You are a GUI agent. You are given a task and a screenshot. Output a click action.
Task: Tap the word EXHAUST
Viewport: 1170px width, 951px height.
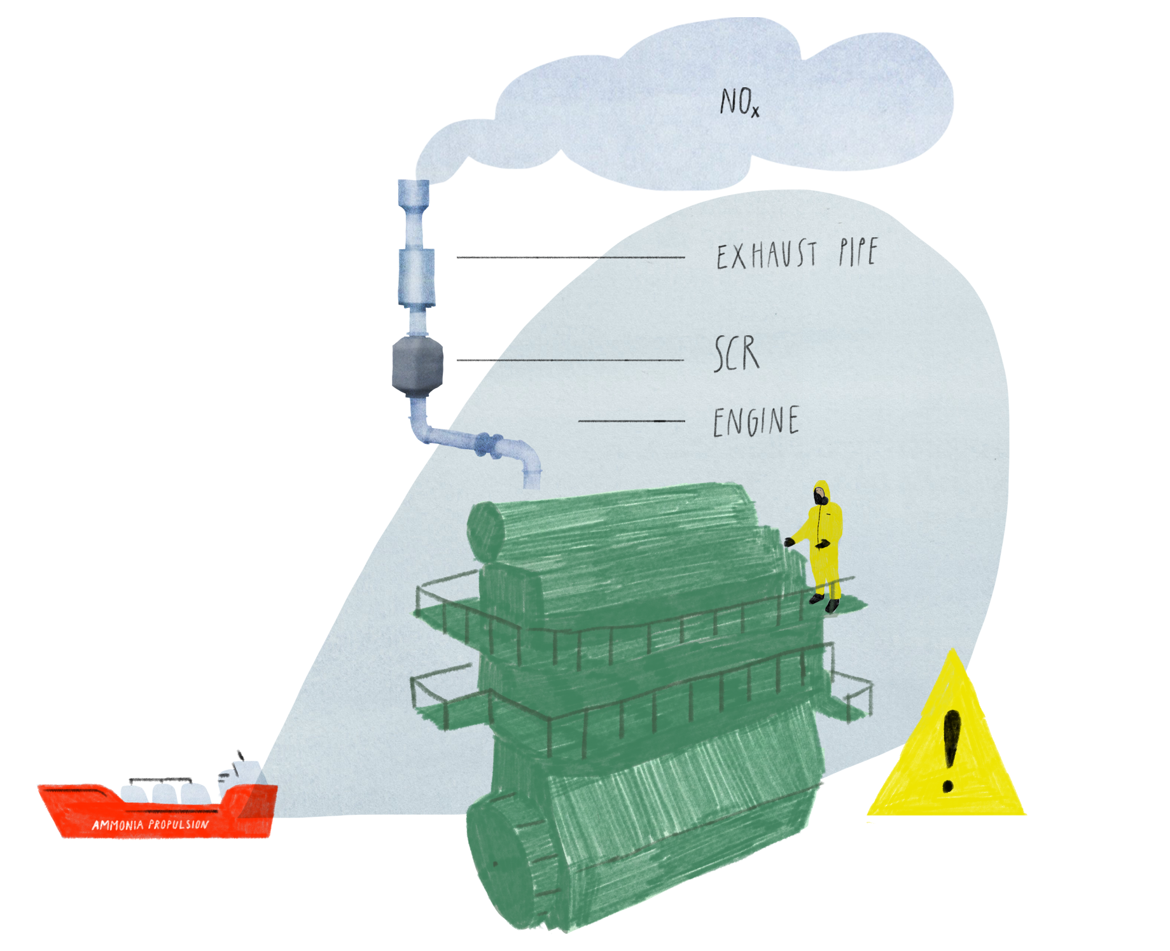tap(767, 254)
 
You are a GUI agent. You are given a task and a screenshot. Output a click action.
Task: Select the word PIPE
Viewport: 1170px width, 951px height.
tap(858, 252)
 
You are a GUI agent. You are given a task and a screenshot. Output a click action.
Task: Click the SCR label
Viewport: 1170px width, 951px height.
tap(737, 354)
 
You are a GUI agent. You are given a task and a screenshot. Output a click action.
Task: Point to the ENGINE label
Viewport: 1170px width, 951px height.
tap(756, 422)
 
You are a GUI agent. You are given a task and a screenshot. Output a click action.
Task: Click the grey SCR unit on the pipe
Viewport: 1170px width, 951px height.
tap(417, 366)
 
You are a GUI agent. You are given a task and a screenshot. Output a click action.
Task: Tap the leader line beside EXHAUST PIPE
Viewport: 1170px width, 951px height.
tap(570, 257)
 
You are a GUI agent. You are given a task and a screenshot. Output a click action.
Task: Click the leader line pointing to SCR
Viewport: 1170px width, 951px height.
tap(570, 360)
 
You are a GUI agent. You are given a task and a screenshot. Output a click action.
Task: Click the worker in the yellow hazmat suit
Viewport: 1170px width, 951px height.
tap(823, 541)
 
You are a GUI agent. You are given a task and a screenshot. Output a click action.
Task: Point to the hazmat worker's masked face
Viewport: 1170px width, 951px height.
tap(820, 494)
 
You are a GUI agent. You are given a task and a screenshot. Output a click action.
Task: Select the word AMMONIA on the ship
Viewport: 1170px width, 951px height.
tap(118, 826)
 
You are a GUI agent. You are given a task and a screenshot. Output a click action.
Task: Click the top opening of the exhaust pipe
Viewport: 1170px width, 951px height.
tap(414, 183)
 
